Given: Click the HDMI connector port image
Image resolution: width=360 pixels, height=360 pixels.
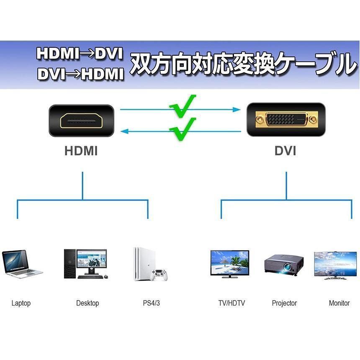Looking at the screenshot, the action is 82,121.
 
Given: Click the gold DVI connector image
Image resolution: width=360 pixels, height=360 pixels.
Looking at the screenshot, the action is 286,119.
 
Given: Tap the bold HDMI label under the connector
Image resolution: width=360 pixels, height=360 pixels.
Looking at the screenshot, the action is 81,151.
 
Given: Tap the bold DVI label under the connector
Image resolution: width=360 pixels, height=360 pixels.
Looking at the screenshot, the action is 285,151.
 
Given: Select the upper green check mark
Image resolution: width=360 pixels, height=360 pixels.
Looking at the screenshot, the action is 183,106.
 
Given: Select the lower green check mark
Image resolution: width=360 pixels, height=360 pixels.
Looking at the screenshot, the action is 183,129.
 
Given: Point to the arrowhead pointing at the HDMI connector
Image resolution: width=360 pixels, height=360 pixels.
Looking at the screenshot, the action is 124,131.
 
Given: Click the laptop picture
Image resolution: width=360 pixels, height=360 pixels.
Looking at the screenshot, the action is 22,264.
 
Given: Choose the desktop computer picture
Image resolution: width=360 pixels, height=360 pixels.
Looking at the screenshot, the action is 86,264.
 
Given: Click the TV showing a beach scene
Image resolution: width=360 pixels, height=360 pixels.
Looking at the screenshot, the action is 229,264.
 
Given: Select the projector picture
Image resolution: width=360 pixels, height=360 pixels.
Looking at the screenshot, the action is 284,265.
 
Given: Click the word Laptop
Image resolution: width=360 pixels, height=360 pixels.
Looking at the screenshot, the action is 21,303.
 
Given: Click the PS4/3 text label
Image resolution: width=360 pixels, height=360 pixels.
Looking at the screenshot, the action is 151,303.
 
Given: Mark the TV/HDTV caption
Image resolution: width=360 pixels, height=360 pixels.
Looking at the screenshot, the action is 231,303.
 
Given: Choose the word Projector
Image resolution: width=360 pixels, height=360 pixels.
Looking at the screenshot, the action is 284,303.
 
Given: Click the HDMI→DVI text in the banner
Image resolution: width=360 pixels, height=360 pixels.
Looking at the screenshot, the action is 80,54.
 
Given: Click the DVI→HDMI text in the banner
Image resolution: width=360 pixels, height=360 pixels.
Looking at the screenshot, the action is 80,74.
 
